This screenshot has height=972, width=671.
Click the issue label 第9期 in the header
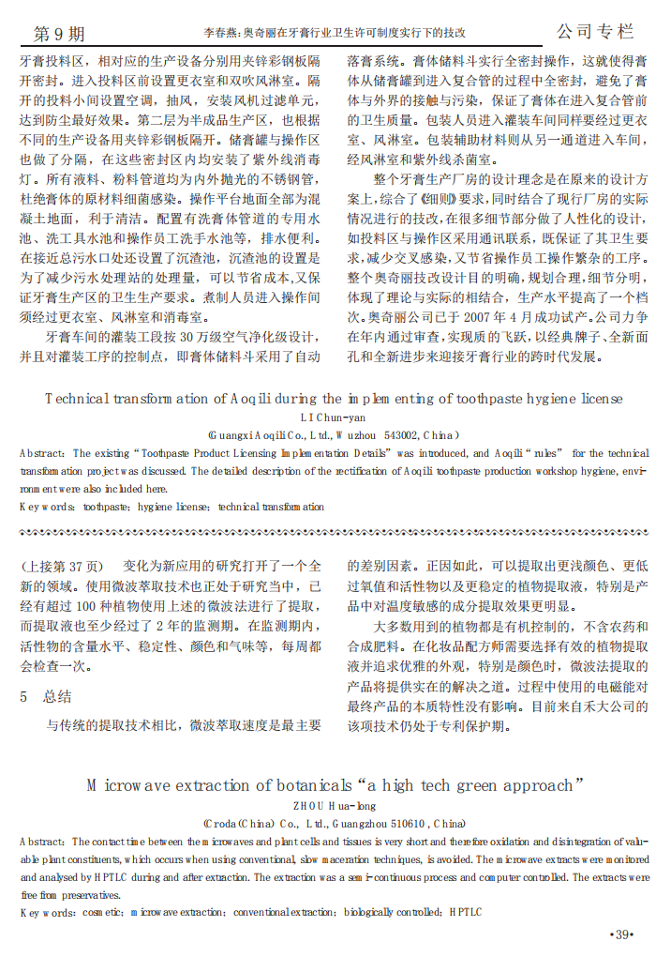[x=58, y=34]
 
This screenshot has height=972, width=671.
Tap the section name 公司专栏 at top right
[x=594, y=32]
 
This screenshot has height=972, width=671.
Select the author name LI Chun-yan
[x=335, y=417]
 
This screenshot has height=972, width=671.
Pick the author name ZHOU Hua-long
[x=335, y=804]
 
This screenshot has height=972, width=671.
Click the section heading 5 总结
[x=46, y=697]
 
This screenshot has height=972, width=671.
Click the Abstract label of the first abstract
[x=42, y=453]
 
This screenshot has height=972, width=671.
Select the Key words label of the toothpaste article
[x=47, y=507]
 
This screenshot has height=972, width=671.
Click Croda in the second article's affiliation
[x=230, y=822]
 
